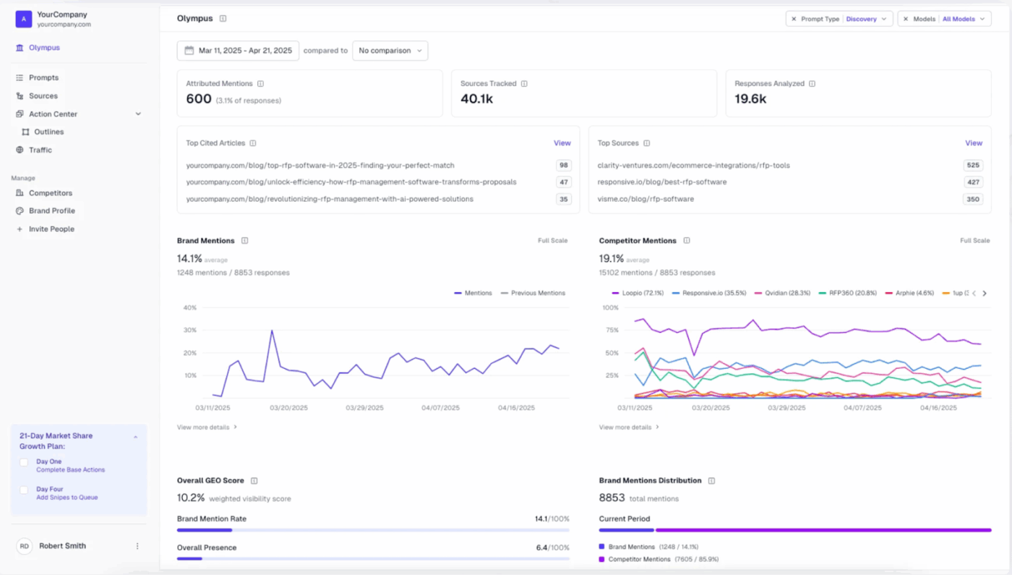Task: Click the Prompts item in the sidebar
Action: tap(43, 77)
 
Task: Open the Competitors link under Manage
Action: tap(50, 193)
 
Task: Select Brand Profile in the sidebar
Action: tap(51, 211)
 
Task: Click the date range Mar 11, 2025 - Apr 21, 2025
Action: tap(238, 51)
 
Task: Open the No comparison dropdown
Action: tap(390, 51)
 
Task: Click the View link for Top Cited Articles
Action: tap(562, 143)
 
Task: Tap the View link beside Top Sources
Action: tap(973, 143)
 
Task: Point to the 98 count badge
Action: tap(563, 166)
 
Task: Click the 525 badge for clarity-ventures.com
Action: tap(973, 166)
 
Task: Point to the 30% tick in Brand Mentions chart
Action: tap(189, 331)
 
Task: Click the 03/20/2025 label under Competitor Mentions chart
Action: tap(711, 408)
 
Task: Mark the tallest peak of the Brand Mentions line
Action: tap(272, 331)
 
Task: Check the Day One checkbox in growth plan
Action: tap(24, 462)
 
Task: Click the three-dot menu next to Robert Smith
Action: tap(137, 546)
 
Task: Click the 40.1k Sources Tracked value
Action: tap(476, 99)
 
